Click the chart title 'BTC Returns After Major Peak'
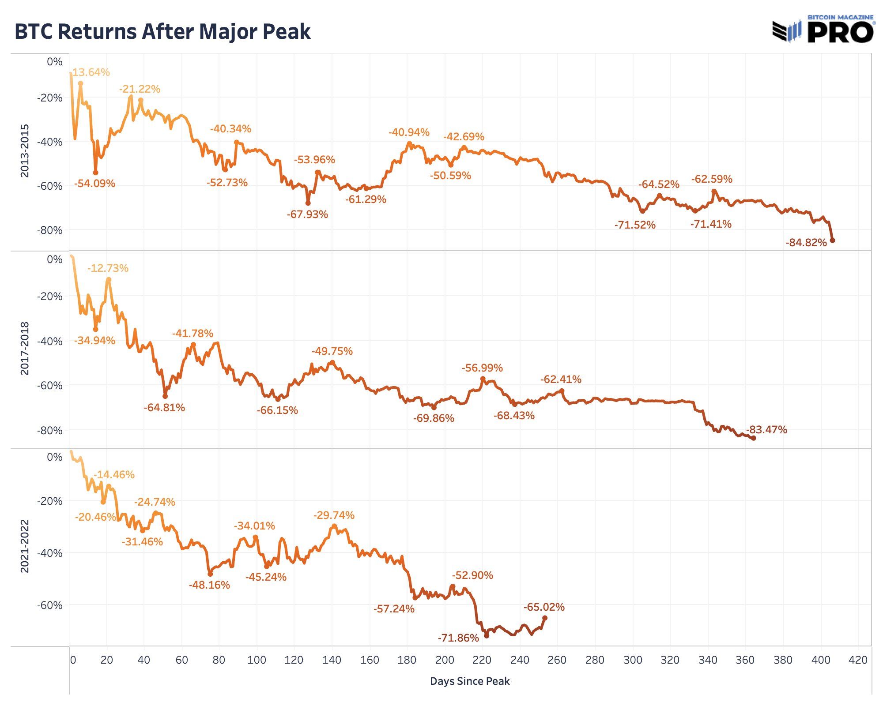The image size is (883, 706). (162, 32)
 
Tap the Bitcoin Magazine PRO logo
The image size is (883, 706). (823, 29)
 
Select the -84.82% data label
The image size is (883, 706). (806, 243)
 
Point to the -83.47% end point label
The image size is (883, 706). (766, 430)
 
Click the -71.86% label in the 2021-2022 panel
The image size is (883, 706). (458, 638)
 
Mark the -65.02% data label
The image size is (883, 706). (544, 607)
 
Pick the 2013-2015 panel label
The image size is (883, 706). (25, 151)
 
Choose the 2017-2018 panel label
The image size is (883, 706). (25, 349)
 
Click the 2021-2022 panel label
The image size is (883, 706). (25, 546)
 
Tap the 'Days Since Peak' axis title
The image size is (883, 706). (470, 681)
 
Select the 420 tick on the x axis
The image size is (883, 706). (858, 660)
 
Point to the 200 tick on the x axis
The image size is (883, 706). (445, 660)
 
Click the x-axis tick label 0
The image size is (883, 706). (73, 660)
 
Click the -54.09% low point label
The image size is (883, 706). (94, 184)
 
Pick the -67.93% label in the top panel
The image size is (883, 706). (307, 214)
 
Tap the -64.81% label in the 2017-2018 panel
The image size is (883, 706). (164, 408)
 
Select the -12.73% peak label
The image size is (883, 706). (108, 268)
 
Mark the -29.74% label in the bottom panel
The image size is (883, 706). (334, 515)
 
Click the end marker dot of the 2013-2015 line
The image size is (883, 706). (832, 240)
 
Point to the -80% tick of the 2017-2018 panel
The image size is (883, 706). (49, 430)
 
